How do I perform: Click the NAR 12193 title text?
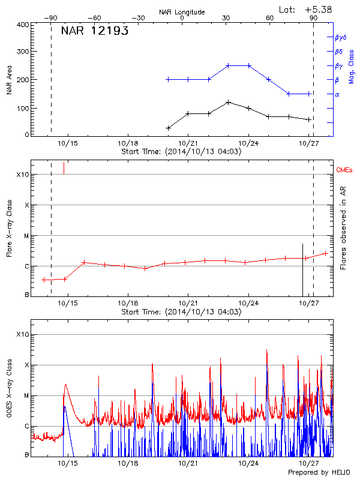pos(95,31)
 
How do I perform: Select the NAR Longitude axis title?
pos(182,12)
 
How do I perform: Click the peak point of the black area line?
pos(228,102)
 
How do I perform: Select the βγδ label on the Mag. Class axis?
pos(341,37)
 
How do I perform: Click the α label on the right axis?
pos(337,94)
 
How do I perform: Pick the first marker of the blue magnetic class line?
pos(168,79)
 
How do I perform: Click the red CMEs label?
pos(344,171)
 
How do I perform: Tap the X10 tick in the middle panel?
pos(22,175)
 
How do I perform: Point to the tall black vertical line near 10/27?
pos(303,270)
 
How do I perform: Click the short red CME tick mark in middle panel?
pos(64,168)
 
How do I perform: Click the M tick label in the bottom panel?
pos(26,395)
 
